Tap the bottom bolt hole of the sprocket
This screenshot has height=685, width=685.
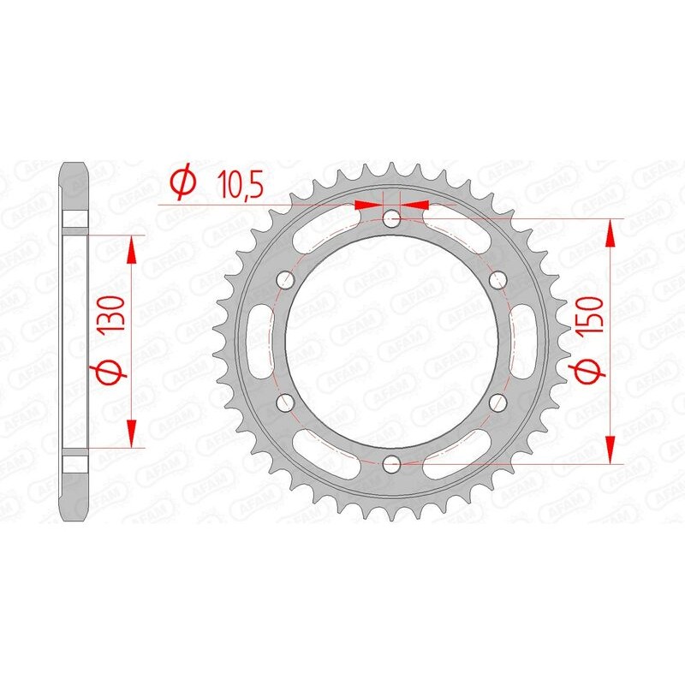(391, 463)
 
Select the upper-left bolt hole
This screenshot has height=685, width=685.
(285, 279)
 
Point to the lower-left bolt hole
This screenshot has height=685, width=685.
(285, 402)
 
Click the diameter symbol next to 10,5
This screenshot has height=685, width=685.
(182, 183)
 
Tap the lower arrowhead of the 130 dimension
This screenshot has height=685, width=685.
(131, 433)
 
